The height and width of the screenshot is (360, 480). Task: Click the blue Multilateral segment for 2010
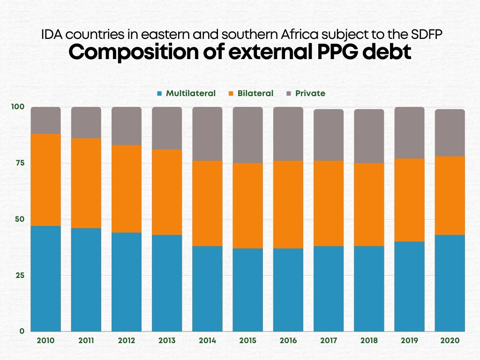click(45, 278)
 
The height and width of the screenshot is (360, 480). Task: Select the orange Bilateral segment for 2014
click(207, 203)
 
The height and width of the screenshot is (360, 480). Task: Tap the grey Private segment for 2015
click(247, 135)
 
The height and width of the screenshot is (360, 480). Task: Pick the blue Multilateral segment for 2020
click(450, 283)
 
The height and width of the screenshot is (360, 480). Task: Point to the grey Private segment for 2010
click(45, 120)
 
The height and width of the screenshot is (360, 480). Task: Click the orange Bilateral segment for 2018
click(369, 204)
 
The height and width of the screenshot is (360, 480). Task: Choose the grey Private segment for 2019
click(409, 133)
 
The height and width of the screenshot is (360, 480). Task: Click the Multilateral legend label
click(191, 93)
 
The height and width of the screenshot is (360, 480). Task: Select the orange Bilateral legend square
click(232, 93)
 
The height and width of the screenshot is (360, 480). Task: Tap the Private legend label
click(310, 93)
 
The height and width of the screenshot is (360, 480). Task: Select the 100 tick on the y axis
click(17, 106)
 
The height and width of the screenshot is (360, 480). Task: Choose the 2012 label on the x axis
click(127, 341)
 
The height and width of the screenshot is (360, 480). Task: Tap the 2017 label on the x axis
click(329, 341)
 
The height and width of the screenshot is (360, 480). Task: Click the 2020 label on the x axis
click(450, 341)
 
